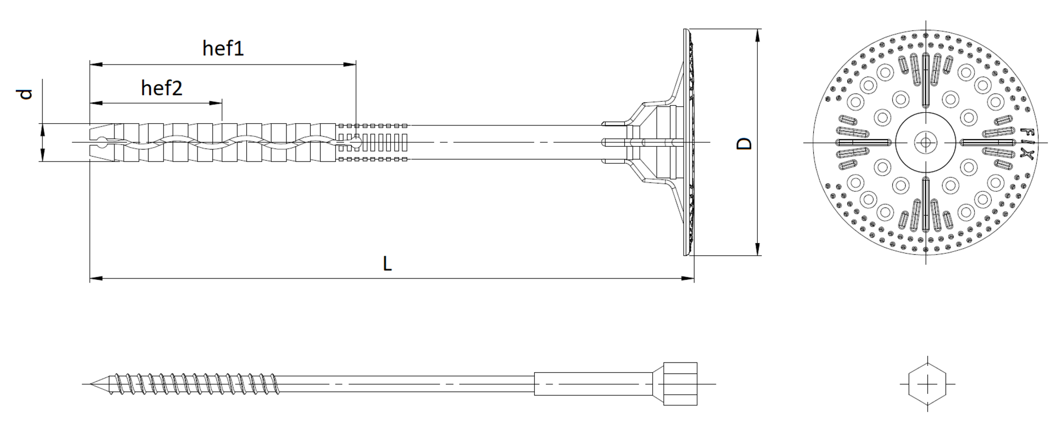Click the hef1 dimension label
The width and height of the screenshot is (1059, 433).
(x=223, y=48)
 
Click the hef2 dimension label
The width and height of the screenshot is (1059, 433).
(x=161, y=88)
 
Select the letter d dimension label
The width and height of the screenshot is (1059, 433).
(x=25, y=94)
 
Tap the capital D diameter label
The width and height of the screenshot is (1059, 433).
(x=744, y=143)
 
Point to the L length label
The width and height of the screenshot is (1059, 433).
(x=387, y=263)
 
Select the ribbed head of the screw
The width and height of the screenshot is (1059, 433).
(x=680, y=384)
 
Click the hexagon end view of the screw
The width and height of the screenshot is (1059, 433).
(x=927, y=384)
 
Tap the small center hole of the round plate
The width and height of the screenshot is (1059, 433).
(x=926, y=142)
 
